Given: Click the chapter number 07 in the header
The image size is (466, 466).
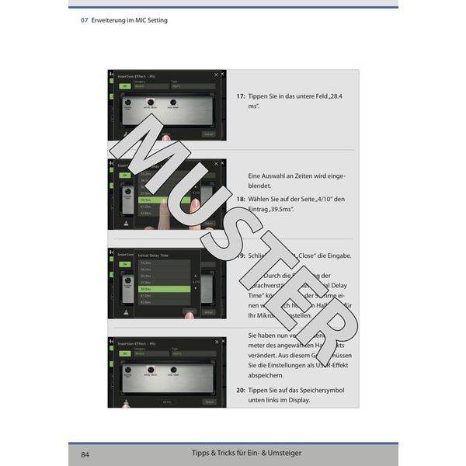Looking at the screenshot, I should [x=84, y=20].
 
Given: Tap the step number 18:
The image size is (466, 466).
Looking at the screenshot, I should [x=241, y=200].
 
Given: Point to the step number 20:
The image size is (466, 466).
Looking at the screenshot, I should [x=241, y=390].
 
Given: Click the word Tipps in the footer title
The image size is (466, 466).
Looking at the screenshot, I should [x=202, y=453].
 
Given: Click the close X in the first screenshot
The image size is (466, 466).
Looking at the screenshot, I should [x=224, y=75].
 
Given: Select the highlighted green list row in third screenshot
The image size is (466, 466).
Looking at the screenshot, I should [x=164, y=288].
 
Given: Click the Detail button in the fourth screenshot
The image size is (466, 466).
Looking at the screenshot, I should [x=209, y=402].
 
